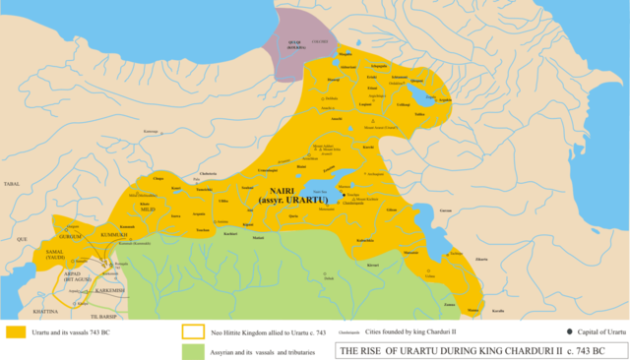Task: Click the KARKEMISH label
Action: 106,290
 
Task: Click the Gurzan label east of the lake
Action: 445,210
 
